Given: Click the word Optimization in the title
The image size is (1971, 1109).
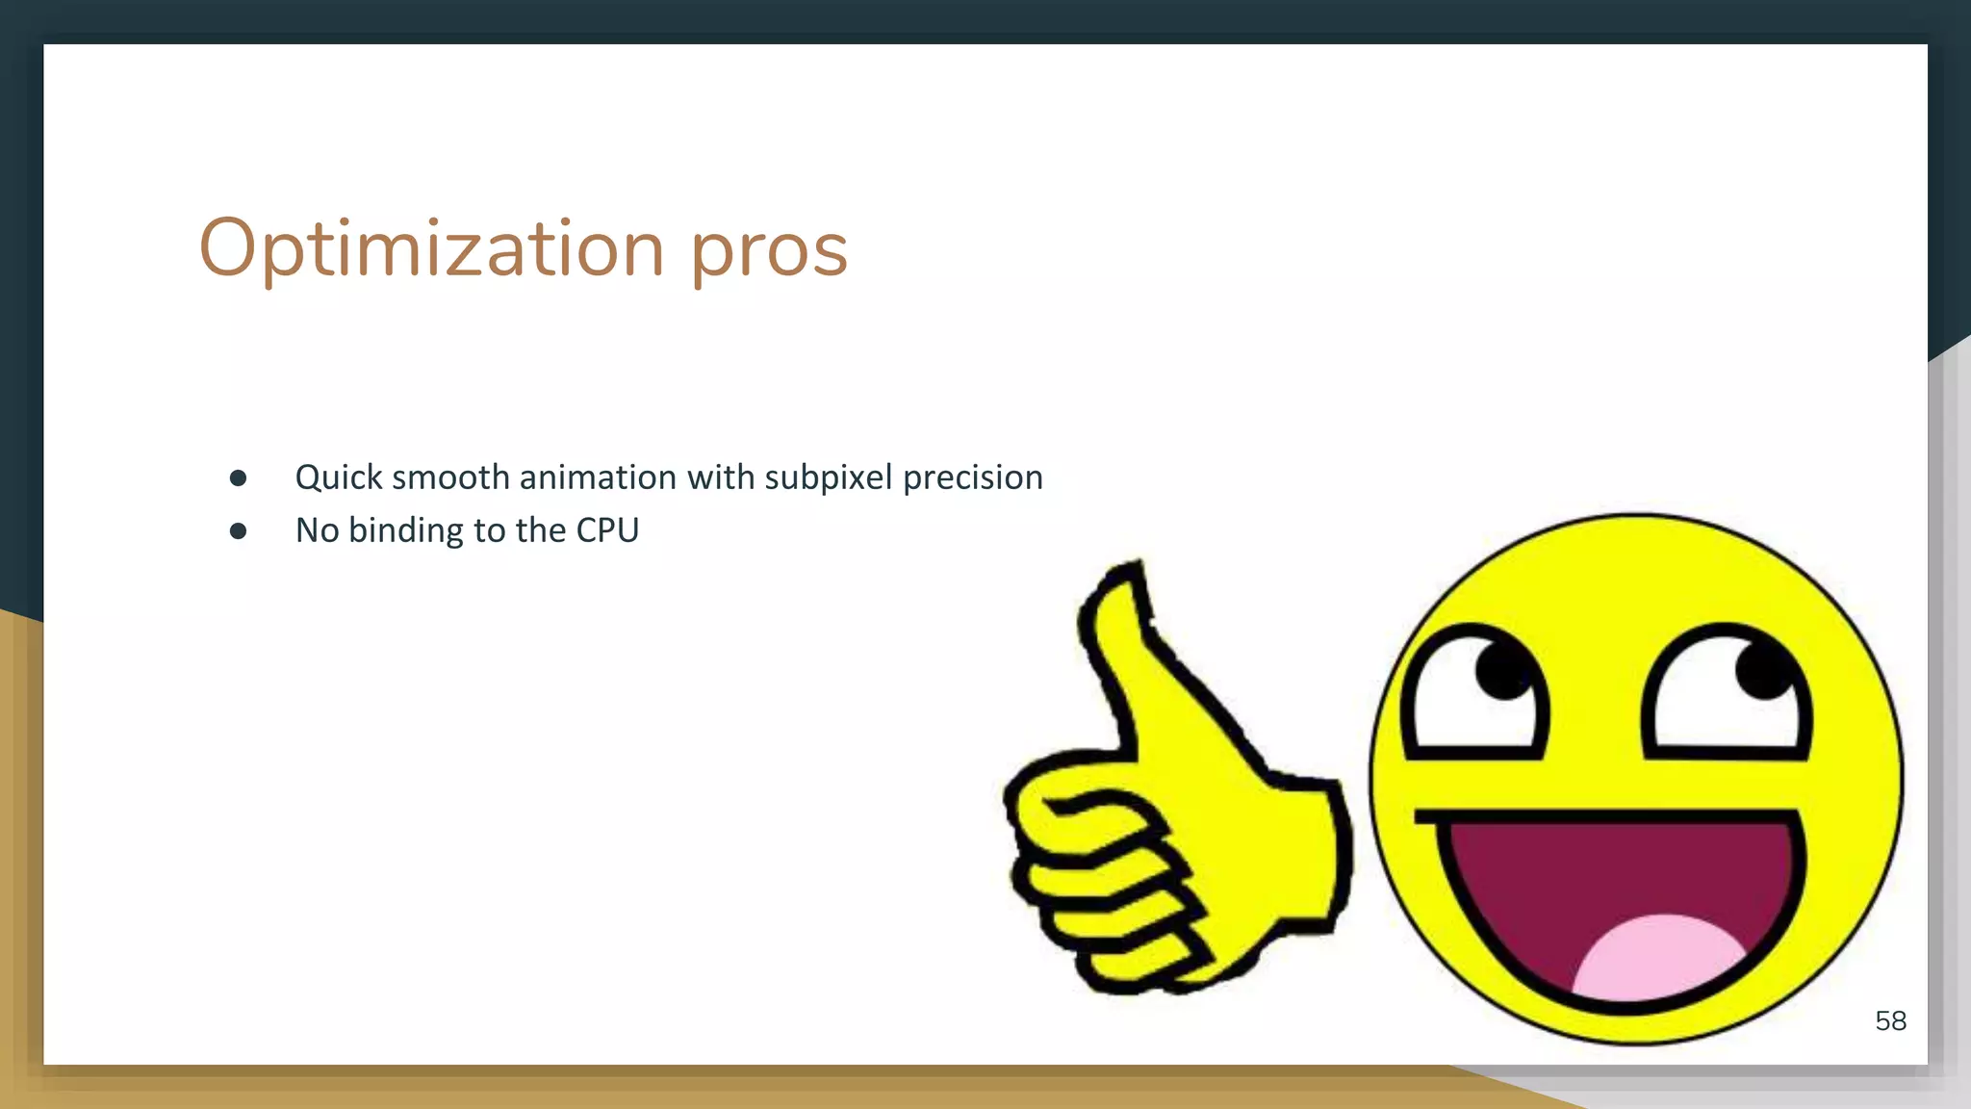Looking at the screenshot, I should click(x=430, y=248).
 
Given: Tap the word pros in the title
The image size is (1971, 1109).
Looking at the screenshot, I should click(x=769, y=250).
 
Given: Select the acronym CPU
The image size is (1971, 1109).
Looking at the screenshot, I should click(x=607, y=530).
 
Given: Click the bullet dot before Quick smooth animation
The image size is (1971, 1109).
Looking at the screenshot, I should click(x=239, y=478).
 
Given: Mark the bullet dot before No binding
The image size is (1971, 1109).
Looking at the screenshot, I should click(x=239, y=530).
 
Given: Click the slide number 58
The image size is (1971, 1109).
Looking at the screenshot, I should click(x=1890, y=1020).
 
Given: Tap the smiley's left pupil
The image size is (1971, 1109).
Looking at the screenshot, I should click(x=1502, y=668).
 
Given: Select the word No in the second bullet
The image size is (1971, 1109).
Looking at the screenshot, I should click(x=317, y=530).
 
